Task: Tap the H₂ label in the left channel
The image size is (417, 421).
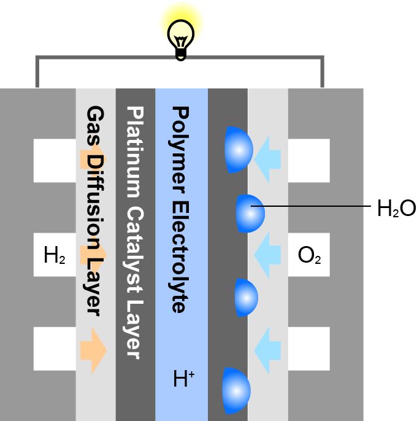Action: [x=55, y=255]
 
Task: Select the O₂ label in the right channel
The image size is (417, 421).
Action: [x=308, y=255]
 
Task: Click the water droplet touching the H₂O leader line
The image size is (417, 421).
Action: [x=251, y=213]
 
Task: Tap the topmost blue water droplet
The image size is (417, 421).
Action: [x=239, y=149]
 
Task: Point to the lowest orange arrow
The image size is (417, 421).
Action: [x=93, y=350]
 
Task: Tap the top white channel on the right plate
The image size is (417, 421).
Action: [x=309, y=160]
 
